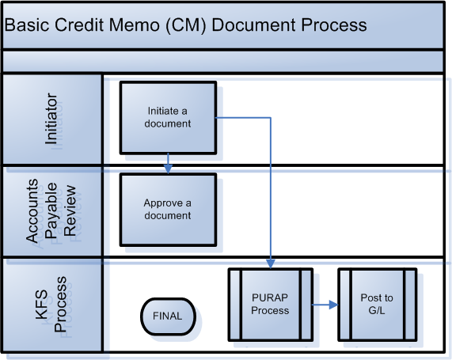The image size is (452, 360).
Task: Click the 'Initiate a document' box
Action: (x=168, y=118)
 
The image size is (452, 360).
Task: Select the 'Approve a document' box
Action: (x=168, y=210)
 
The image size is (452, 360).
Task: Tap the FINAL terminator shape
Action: (x=168, y=316)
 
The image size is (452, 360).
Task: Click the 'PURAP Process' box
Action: (x=271, y=305)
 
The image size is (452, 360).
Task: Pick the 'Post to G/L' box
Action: (x=378, y=305)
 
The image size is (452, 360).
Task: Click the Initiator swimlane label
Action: (x=51, y=119)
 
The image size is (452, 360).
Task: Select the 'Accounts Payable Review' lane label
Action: (x=51, y=210)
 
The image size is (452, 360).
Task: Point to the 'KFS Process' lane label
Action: (x=51, y=305)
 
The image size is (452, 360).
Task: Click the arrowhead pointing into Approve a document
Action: (x=168, y=169)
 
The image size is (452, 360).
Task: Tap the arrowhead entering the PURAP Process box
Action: (x=271, y=263)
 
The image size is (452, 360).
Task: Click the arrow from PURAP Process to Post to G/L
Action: (x=325, y=305)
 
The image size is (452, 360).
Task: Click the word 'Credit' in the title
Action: (x=78, y=25)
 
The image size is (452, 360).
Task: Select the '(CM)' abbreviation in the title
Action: (x=186, y=25)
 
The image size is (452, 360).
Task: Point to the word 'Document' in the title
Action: (x=254, y=25)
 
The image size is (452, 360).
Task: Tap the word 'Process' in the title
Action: (x=334, y=25)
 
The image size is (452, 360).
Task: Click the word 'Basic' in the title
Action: (x=27, y=25)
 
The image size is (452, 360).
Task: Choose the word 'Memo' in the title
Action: (x=134, y=25)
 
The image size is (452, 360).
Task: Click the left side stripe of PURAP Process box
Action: (x=235, y=305)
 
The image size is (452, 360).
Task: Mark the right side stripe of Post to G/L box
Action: (x=410, y=305)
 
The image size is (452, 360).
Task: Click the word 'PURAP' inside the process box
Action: (x=270, y=297)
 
